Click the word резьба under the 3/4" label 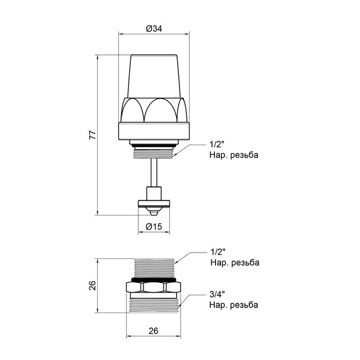(243, 305)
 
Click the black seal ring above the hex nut (155, 279)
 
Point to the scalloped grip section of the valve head (155, 110)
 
